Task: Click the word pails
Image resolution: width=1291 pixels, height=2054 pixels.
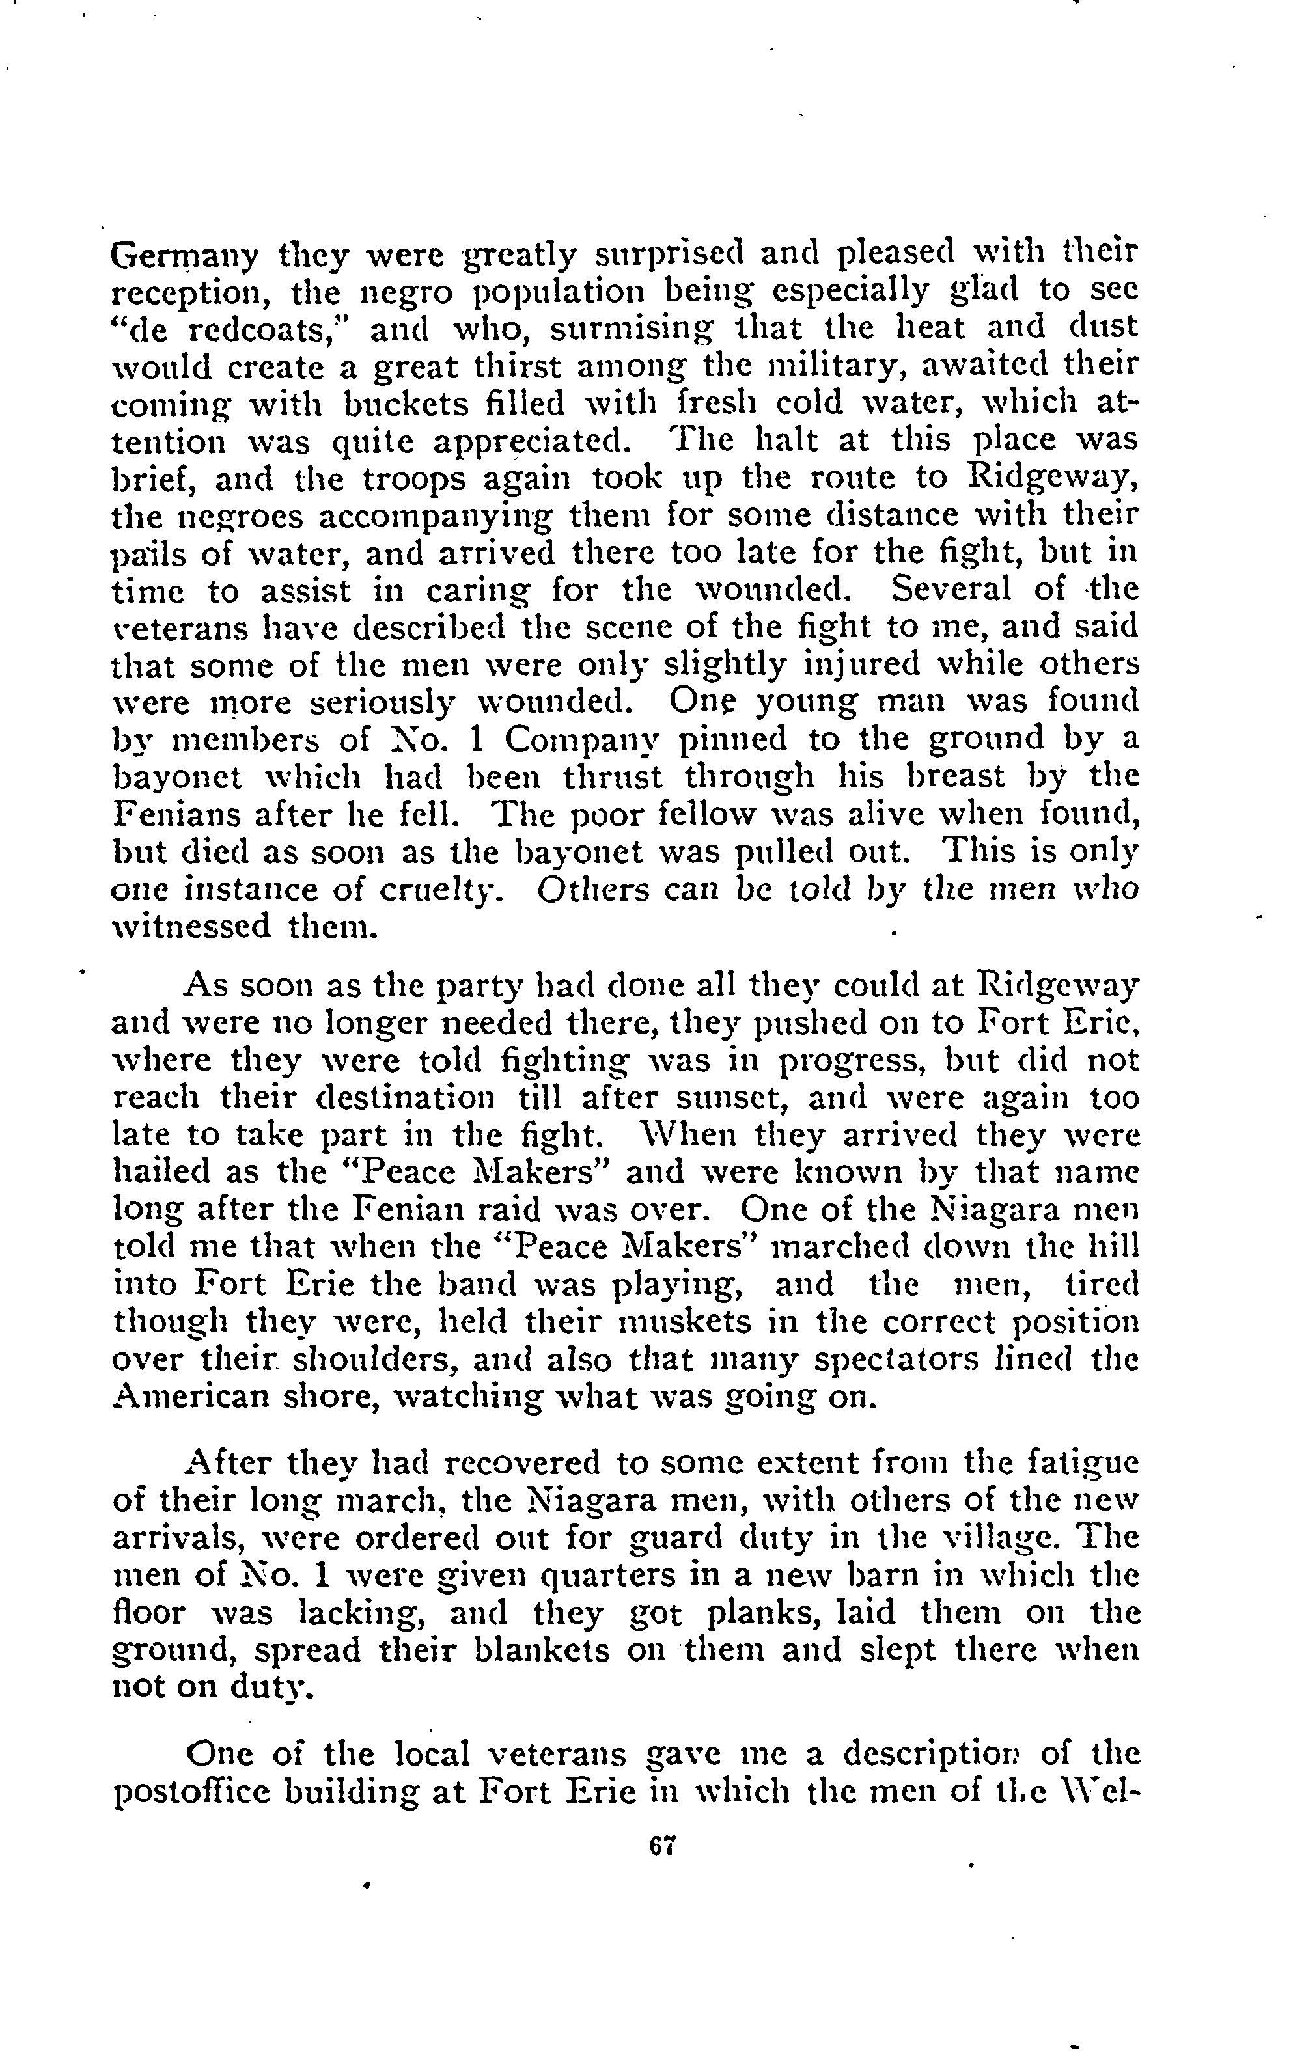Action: coord(143,555)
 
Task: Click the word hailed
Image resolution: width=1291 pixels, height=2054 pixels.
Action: coord(161,1172)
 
